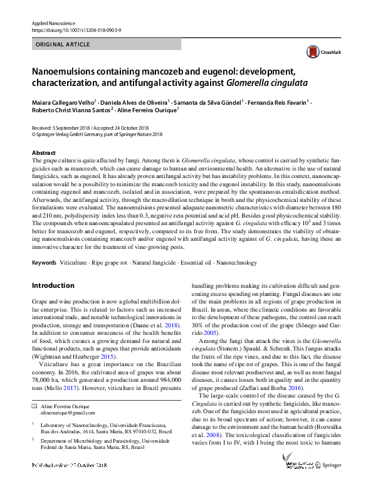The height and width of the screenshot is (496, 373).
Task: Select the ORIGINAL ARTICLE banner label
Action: [63, 45]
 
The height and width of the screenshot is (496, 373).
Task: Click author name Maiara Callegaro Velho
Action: [63, 101]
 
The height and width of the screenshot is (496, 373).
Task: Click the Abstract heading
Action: [44, 153]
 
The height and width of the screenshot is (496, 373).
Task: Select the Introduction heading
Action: [53, 285]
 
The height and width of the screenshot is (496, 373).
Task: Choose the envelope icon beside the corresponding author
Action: [34, 406]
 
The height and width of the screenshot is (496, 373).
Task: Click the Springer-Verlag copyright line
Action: [97, 134]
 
